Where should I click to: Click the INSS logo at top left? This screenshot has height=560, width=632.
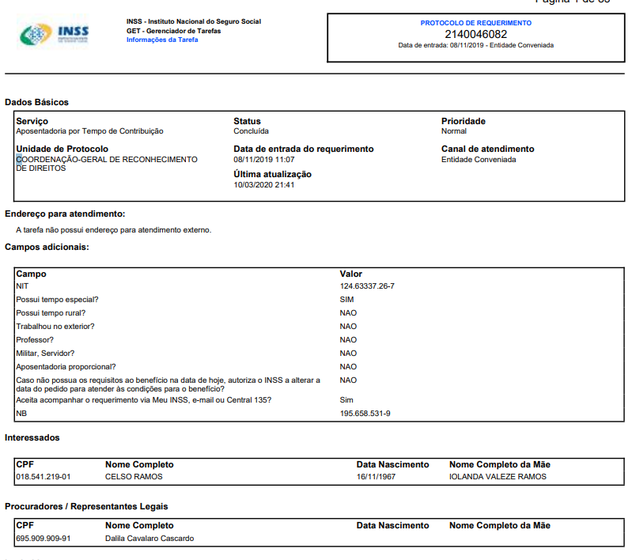click(54, 34)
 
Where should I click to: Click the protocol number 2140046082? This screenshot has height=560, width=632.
click(475, 34)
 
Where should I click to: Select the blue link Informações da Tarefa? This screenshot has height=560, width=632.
click(162, 40)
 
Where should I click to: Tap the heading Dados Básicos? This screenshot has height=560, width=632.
click(36, 102)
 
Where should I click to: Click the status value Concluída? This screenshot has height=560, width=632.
click(251, 131)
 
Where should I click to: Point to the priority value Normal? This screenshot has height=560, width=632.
click(454, 131)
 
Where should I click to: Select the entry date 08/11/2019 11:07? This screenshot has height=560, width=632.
click(264, 160)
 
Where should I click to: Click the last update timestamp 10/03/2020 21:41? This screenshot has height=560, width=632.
click(264, 185)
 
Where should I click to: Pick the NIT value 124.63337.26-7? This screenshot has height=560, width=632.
click(367, 286)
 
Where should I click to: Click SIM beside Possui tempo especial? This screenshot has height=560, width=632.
click(347, 299)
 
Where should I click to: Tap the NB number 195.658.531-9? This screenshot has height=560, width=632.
click(365, 414)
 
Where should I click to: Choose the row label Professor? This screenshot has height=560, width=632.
click(35, 339)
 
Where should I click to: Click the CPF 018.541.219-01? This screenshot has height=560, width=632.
click(44, 477)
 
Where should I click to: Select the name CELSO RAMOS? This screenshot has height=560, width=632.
click(134, 477)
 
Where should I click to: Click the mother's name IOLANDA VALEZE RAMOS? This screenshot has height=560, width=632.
click(498, 477)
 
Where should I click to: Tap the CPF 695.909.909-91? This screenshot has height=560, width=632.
click(44, 539)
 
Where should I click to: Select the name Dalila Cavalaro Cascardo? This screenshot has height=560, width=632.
click(149, 539)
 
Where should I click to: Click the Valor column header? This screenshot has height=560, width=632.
click(351, 274)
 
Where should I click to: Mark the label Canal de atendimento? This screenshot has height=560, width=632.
click(487, 149)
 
